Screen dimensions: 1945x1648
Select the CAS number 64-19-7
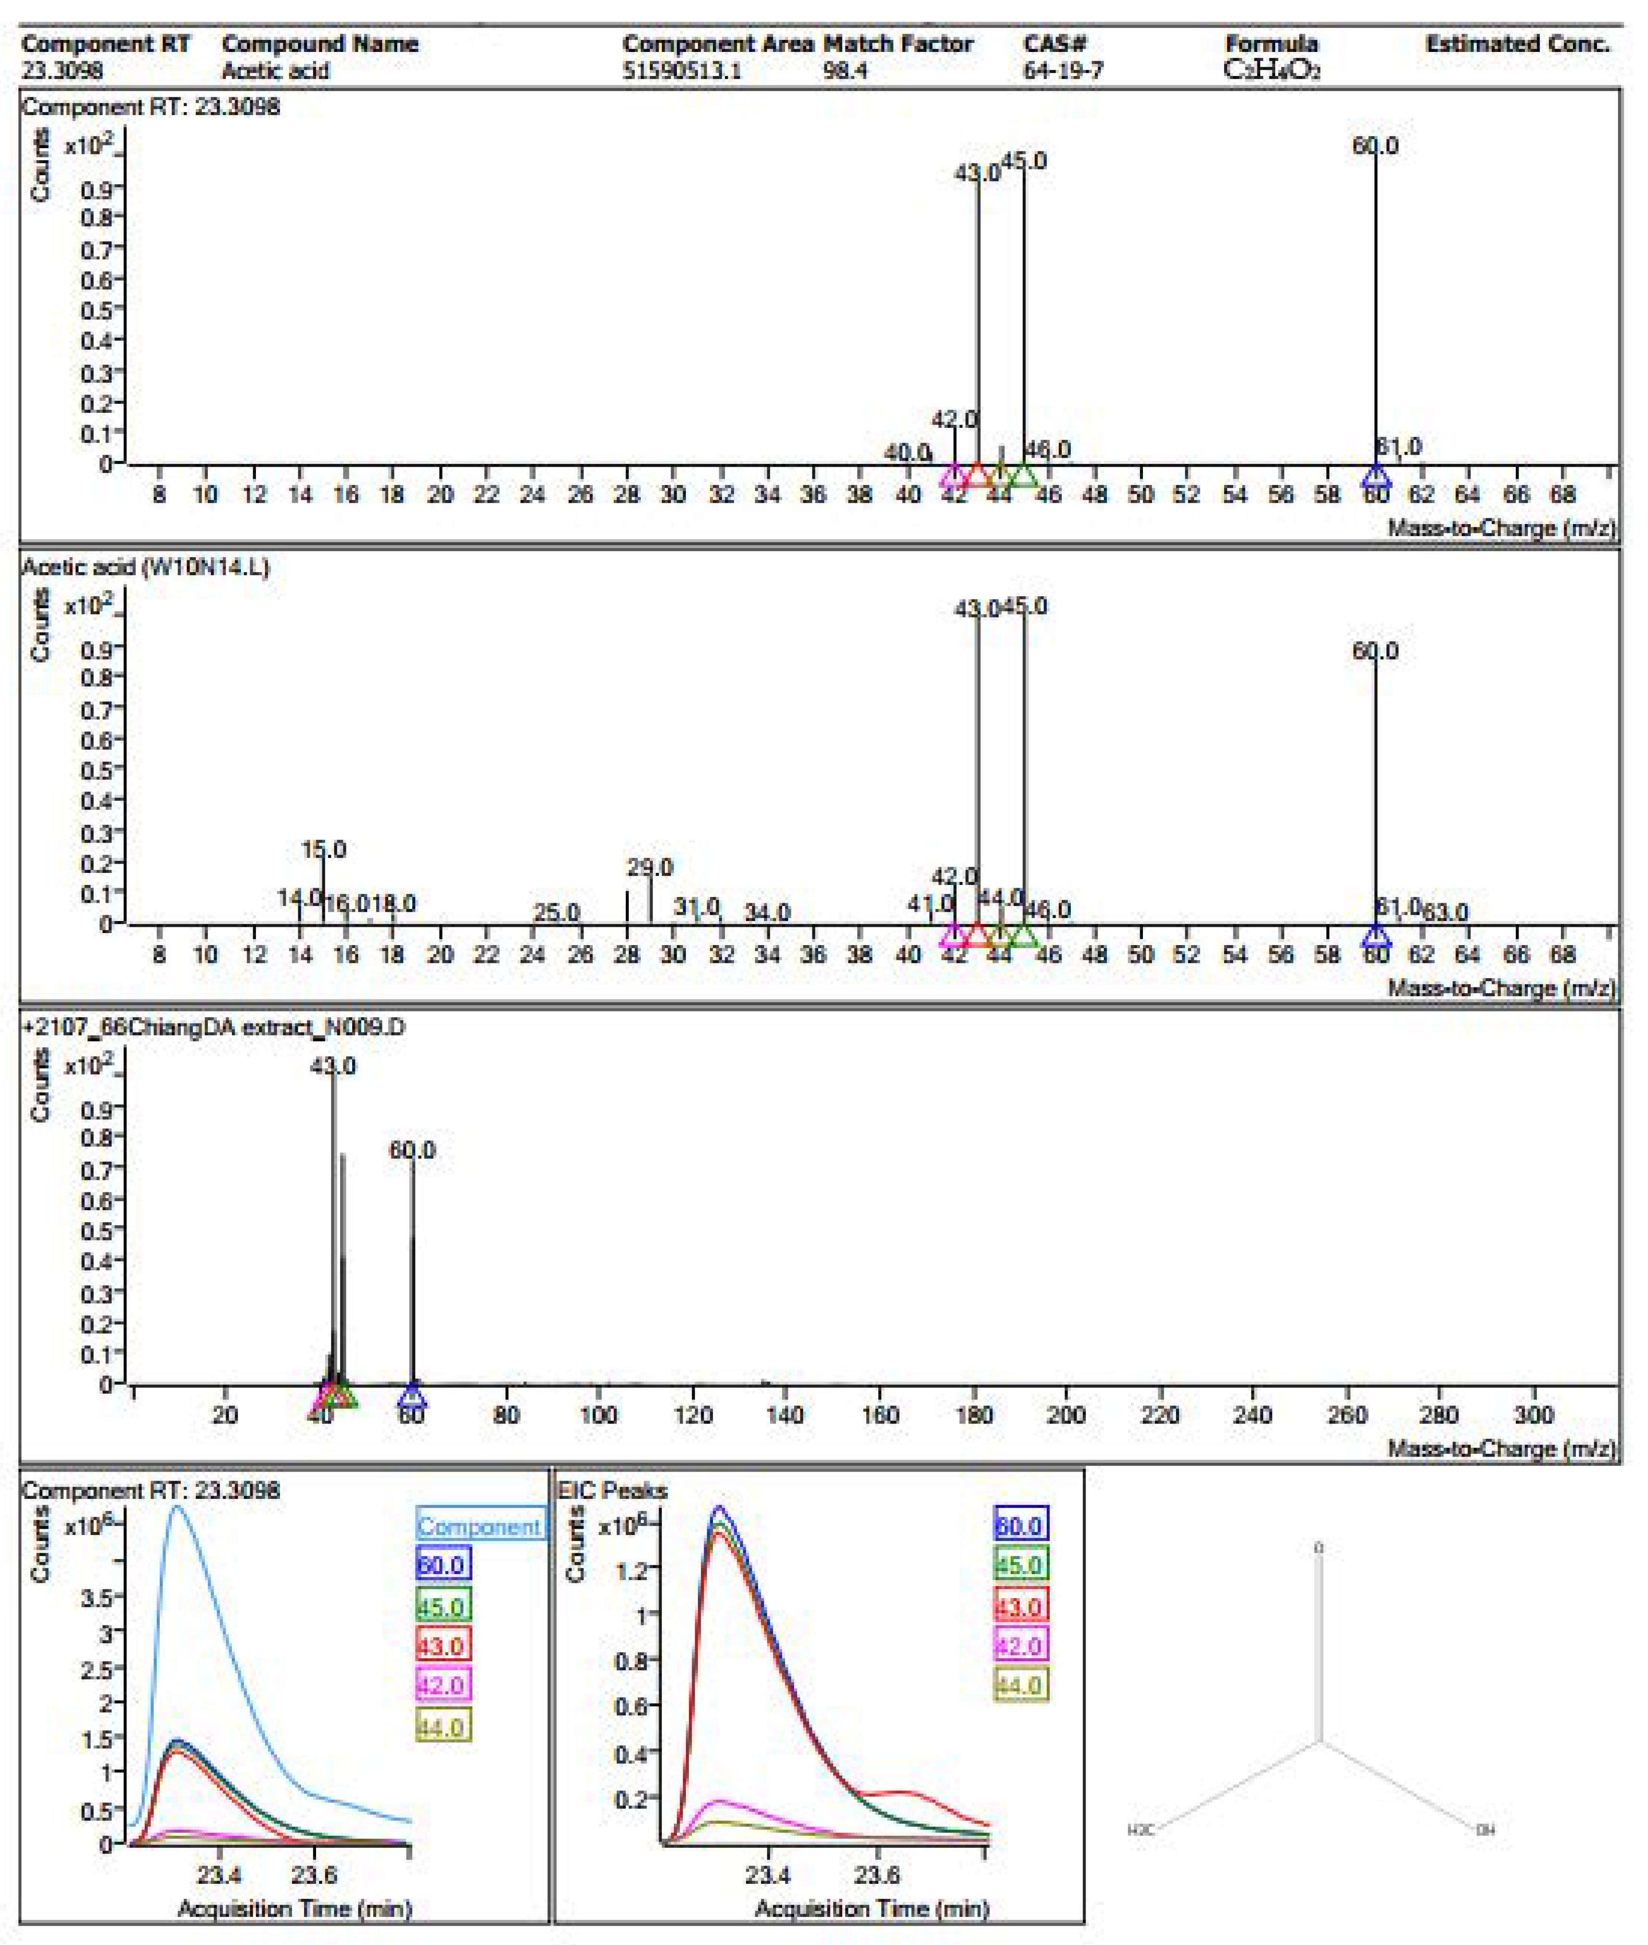coord(1063,70)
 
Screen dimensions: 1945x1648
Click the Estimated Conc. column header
coord(1517,44)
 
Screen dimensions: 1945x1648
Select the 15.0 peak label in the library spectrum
coord(323,850)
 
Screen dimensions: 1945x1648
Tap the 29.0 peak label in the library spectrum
coord(649,867)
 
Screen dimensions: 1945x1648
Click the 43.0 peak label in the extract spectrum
coord(332,1066)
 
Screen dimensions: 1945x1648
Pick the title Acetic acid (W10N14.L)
coord(145,567)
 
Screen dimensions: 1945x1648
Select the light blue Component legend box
coord(479,1526)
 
